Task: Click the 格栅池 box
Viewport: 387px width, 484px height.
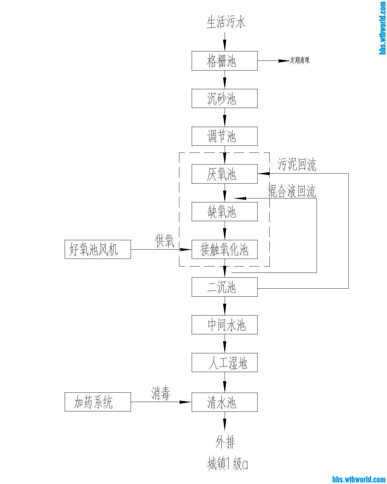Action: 224,61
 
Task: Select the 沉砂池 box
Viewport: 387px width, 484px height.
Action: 224,98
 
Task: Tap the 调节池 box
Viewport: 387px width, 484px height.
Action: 224,136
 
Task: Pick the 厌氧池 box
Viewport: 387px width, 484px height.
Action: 224,174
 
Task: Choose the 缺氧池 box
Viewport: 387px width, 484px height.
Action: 224,211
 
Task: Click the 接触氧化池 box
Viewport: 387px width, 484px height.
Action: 224,249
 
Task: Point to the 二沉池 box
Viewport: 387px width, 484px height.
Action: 224,287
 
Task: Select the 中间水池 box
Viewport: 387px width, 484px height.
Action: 224,325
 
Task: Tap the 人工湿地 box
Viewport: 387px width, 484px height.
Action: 224,362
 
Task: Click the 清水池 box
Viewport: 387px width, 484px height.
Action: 224,402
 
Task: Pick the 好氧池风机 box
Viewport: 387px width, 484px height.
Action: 98,249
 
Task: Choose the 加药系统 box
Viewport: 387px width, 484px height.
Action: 98,402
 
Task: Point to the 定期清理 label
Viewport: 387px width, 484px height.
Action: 300,60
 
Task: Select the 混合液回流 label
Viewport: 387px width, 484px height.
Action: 292,191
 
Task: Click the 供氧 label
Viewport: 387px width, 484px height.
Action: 164,241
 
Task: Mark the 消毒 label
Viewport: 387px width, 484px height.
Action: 161,394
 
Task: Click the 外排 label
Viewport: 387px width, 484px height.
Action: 225,443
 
